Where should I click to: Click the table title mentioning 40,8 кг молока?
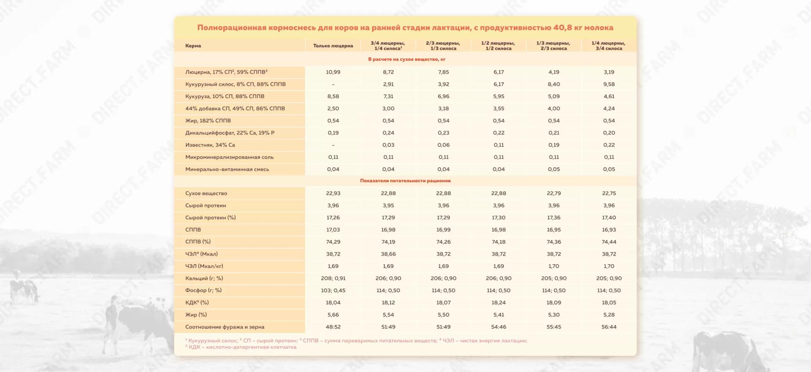pyautogui.click(x=405, y=28)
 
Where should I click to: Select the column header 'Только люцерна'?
pyautogui.click(x=333, y=46)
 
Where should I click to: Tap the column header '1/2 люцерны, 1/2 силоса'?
pyautogui.click(x=498, y=46)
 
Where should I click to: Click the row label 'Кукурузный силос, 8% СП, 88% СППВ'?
pyautogui.click(x=235, y=84)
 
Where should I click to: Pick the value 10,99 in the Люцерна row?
pyautogui.click(x=333, y=72)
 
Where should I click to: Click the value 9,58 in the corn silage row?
pyautogui.click(x=609, y=84)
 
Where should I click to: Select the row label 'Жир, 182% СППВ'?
pyautogui.click(x=208, y=120)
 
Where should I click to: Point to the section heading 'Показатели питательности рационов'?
pyautogui.click(x=405, y=181)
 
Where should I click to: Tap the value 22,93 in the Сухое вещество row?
pyautogui.click(x=333, y=193)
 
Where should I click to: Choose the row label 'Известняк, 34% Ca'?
pyautogui.click(x=210, y=145)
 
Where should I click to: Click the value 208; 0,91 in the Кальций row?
pyautogui.click(x=333, y=278)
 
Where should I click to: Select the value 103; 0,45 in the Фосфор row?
pyautogui.click(x=333, y=290)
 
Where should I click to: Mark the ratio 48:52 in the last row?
pyautogui.click(x=333, y=327)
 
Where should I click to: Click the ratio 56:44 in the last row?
pyautogui.click(x=609, y=327)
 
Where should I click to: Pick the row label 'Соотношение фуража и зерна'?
pyautogui.click(x=225, y=327)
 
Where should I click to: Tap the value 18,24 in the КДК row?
pyautogui.click(x=498, y=303)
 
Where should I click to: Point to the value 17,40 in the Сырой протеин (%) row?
pyautogui.click(x=609, y=218)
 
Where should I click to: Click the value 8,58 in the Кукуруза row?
pyautogui.click(x=333, y=96)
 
